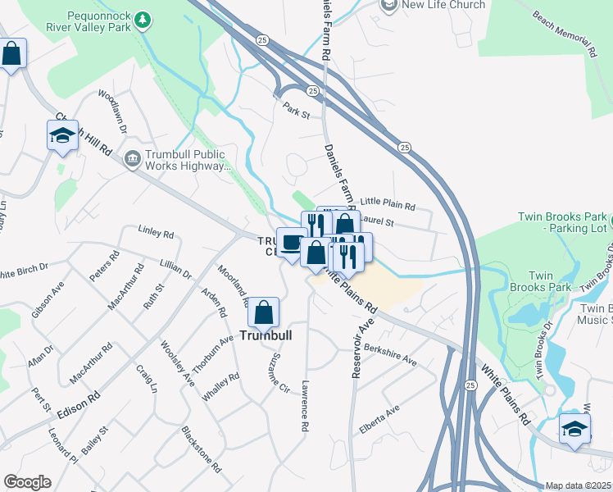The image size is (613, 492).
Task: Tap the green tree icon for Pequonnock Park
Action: coord(144,18)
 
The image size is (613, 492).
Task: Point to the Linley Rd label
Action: coord(156,234)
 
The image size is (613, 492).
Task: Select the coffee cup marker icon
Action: coord(291,242)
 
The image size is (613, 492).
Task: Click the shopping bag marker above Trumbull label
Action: coord(264,312)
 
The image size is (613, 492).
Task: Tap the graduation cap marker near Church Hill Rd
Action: coord(62,135)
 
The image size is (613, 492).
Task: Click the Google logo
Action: coord(27,481)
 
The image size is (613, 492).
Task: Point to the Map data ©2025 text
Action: coord(578,485)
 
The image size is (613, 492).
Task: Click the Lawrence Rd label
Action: coord(305,406)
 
